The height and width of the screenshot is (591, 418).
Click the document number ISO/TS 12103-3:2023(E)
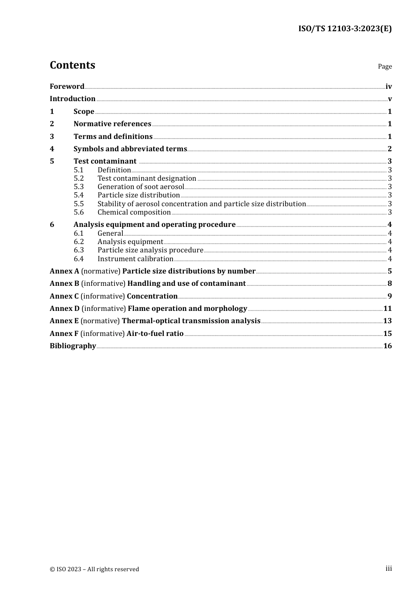point(345,29)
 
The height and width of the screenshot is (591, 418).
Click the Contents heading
point(72,65)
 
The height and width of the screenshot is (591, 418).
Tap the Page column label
point(385,66)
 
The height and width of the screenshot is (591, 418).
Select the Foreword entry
point(67,87)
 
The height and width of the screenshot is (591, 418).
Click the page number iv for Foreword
point(389,87)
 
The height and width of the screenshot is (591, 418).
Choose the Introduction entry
point(73,99)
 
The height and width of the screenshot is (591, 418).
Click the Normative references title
point(112,124)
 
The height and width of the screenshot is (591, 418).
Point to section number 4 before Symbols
point(52,149)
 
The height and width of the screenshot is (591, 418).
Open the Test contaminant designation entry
point(147,179)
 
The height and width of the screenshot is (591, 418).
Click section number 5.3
point(79,187)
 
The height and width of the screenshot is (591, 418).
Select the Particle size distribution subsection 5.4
point(139,195)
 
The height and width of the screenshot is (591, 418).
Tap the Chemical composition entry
point(134,212)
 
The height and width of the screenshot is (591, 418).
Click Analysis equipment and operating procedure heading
point(154,225)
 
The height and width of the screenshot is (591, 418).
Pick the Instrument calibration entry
point(135,259)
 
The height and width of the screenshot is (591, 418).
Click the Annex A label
point(64,271)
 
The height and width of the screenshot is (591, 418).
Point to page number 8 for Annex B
point(390,284)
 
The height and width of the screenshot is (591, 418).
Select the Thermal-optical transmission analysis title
point(191,321)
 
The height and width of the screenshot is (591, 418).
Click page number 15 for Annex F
point(387,334)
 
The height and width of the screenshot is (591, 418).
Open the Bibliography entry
point(73,346)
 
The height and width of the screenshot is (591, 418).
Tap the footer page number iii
point(389,569)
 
